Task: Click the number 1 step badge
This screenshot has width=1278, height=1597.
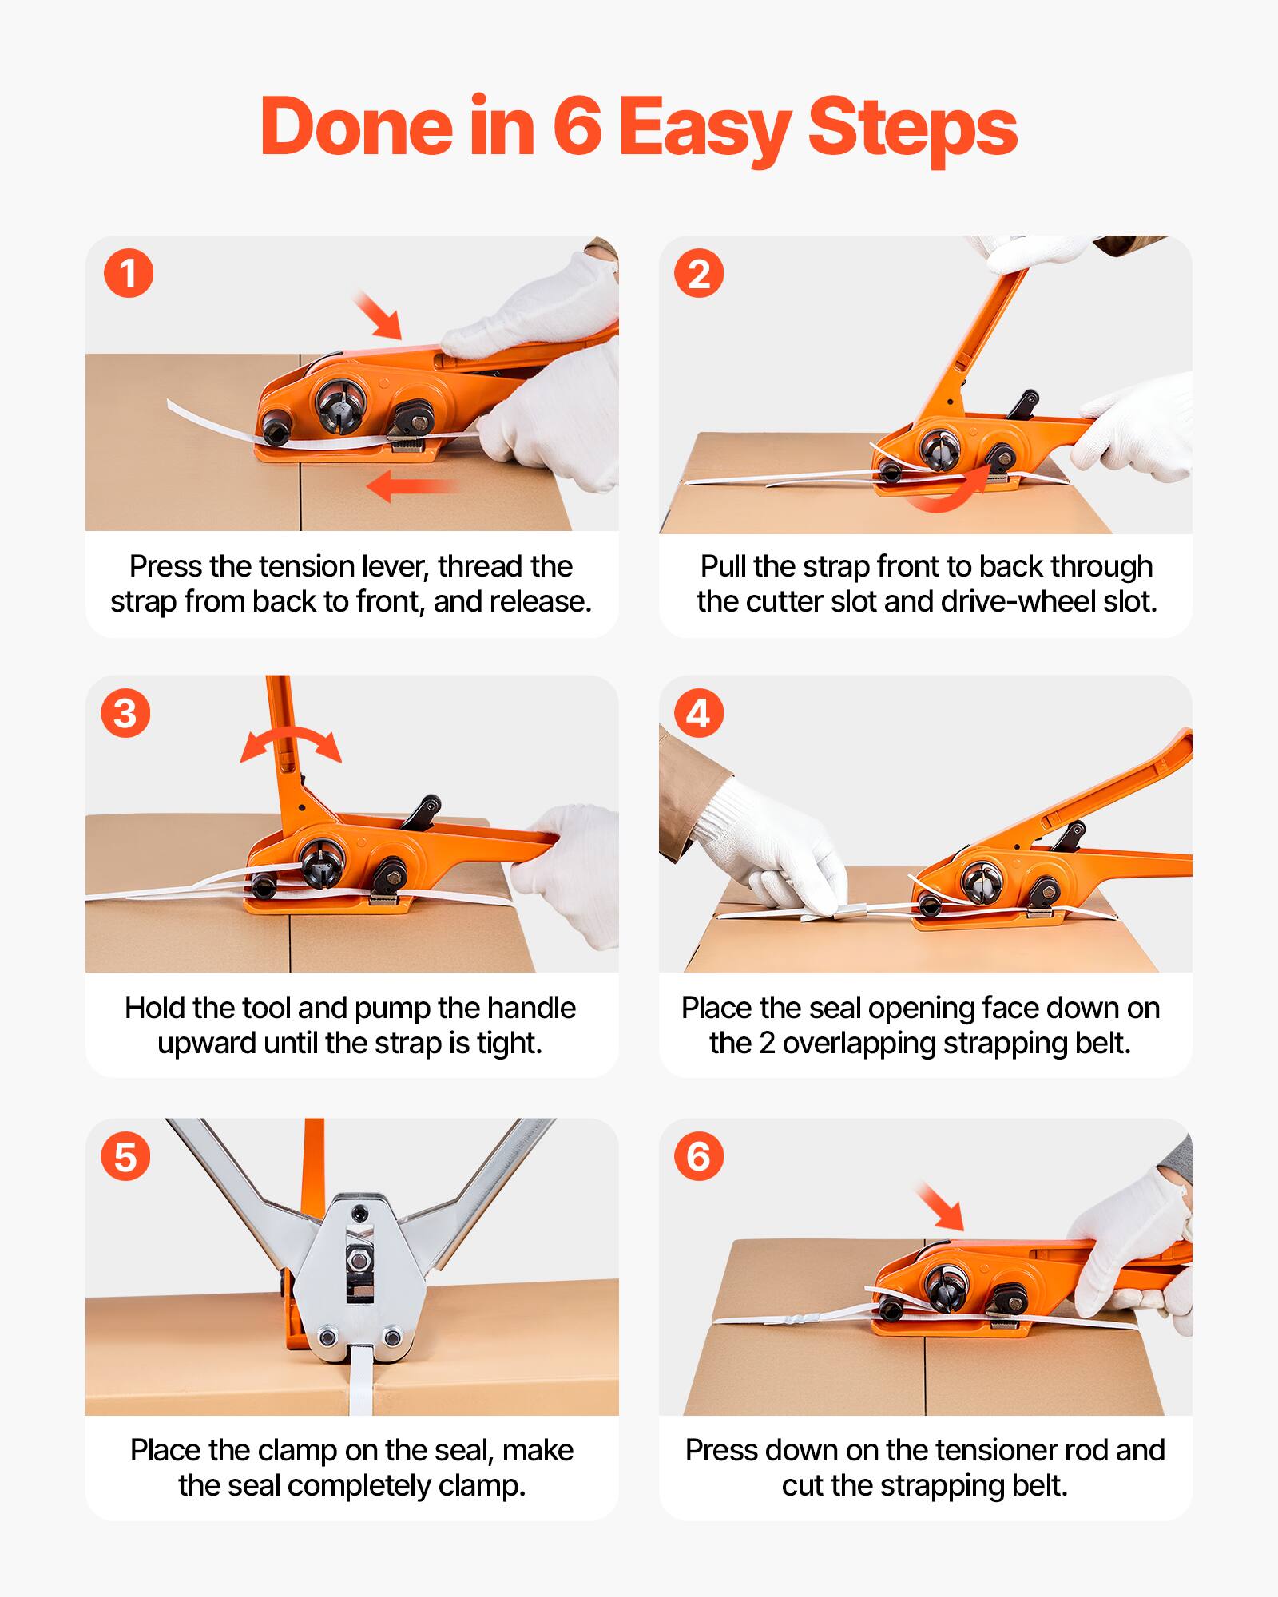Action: (x=129, y=274)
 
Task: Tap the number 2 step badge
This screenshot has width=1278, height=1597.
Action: (x=699, y=274)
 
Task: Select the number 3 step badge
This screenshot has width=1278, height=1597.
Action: (x=125, y=713)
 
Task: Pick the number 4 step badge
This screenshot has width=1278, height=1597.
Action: (x=699, y=713)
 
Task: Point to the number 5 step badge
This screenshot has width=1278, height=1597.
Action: (x=125, y=1157)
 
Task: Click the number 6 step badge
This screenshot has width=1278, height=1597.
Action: (x=699, y=1157)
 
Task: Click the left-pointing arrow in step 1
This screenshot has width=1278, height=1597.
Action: (x=411, y=485)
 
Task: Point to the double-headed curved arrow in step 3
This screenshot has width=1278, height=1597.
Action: (x=291, y=744)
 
